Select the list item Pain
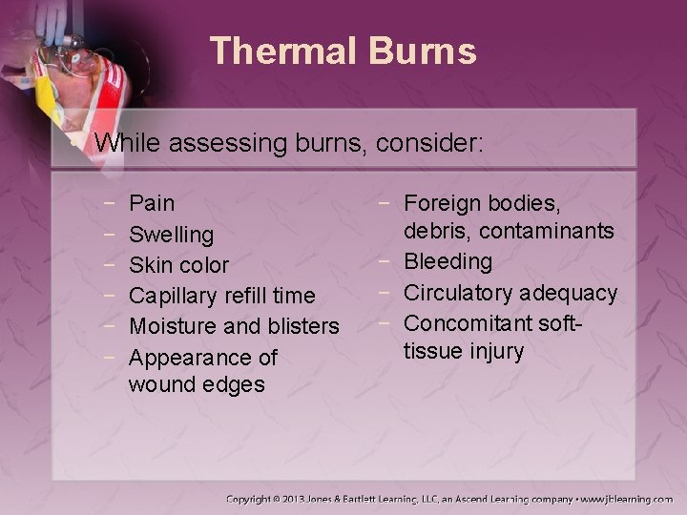tap(152, 202)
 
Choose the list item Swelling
tap(172, 234)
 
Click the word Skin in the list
tap(149, 264)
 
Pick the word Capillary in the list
tap(172, 296)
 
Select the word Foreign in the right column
tap(443, 202)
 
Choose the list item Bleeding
tap(448, 260)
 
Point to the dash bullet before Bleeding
tap(389, 260)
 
